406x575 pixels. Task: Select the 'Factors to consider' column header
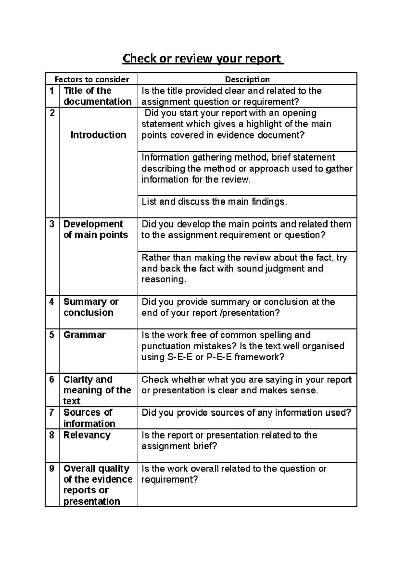(x=92, y=79)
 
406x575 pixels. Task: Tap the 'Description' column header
(x=247, y=79)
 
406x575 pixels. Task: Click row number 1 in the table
(x=52, y=91)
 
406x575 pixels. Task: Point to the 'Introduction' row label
(x=98, y=135)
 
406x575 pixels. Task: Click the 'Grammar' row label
(x=84, y=335)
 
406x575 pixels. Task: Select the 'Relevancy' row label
(x=87, y=435)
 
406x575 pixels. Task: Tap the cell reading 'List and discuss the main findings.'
(x=214, y=202)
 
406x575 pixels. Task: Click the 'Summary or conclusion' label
(x=91, y=307)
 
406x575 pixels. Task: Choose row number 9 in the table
(x=52, y=468)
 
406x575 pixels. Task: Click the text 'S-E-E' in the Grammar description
(x=180, y=357)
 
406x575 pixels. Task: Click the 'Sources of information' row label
(x=89, y=418)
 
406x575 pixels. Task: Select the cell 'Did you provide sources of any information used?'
(x=246, y=412)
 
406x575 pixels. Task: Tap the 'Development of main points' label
(x=95, y=229)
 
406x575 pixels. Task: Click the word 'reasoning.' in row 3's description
(x=164, y=279)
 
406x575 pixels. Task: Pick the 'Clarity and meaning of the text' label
(x=97, y=390)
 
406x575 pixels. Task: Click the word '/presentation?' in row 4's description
(x=250, y=313)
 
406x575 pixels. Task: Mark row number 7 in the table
(x=52, y=412)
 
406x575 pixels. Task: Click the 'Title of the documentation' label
(x=97, y=96)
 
